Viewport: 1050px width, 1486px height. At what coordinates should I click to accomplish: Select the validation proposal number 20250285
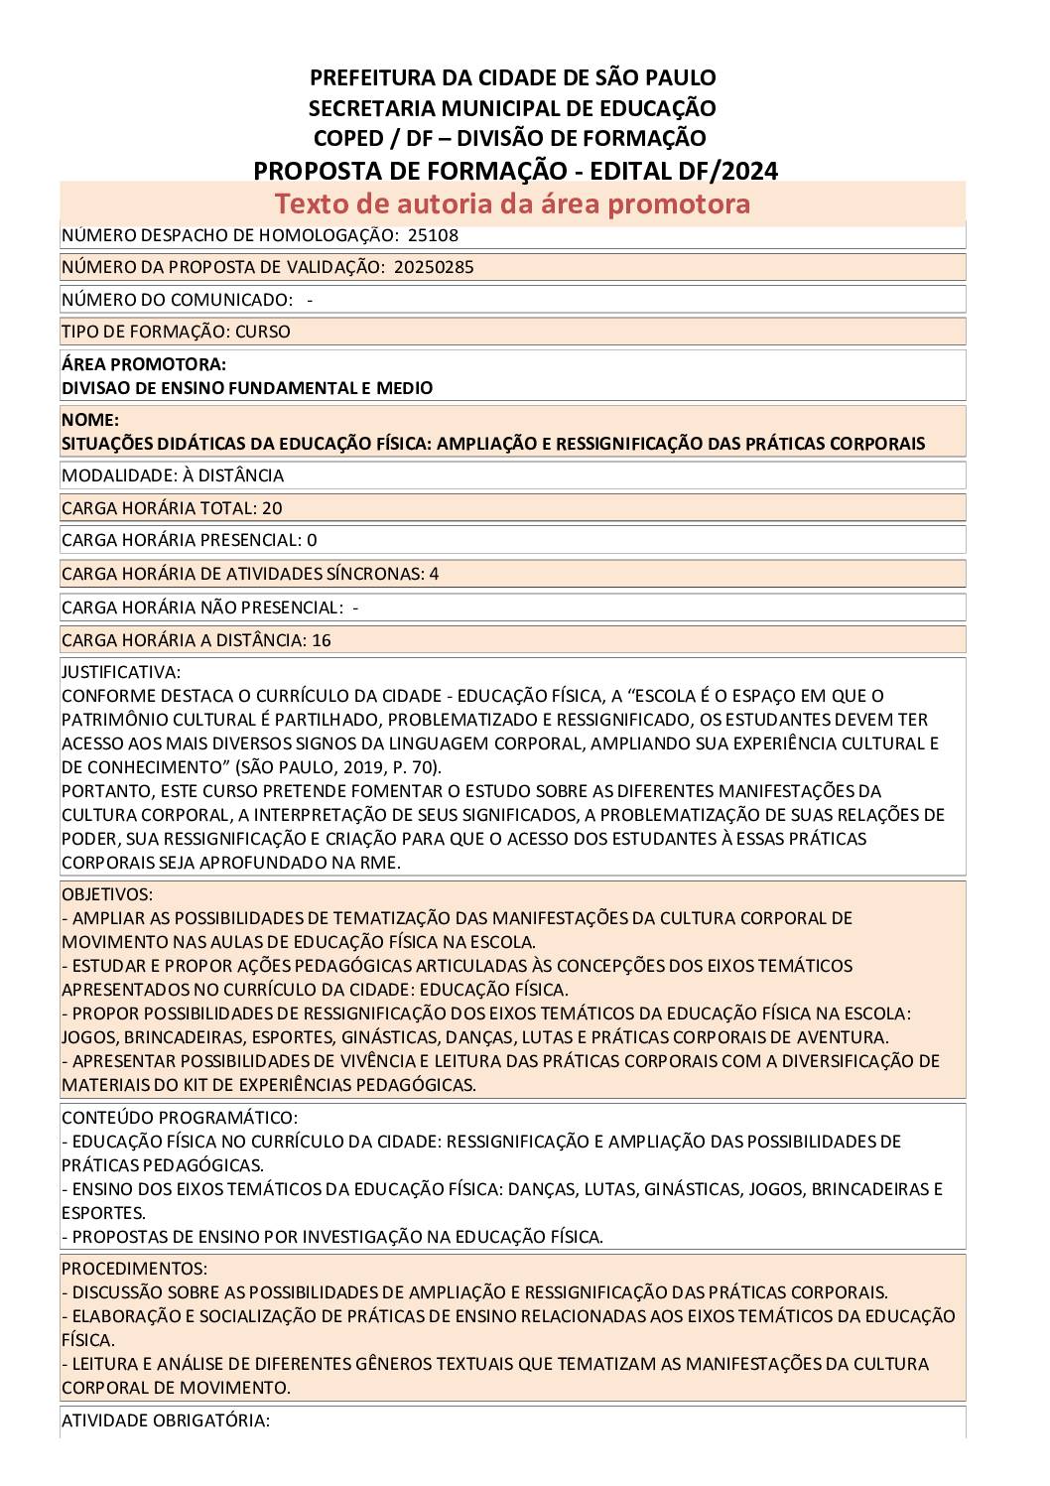[x=434, y=267]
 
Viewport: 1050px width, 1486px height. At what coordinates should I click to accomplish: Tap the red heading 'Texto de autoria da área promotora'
[x=512, y=203]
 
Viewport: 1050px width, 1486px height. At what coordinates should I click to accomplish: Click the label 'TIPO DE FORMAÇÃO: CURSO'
[x=176, y=332]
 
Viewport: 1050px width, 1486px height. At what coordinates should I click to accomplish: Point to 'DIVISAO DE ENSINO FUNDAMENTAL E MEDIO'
[x=247, y=388]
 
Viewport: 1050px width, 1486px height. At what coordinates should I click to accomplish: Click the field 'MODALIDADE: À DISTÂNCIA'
[x=173, y=475]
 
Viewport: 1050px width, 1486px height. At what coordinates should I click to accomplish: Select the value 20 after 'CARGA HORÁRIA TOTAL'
[x=272, y=508]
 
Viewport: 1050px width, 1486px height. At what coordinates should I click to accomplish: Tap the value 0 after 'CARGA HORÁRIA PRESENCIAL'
[x=312, y=541]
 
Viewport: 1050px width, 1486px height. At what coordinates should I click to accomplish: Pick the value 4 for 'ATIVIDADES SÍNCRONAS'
[x=434, y=574]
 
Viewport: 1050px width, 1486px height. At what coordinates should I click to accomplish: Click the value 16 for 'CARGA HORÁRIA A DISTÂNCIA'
[x=321, y=640]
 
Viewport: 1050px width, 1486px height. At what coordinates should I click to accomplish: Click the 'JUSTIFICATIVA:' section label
[x=121, y=672]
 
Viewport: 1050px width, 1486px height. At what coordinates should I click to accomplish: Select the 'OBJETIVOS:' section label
[x=107, y=894]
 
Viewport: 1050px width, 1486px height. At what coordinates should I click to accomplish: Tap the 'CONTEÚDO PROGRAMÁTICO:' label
[x=180, y=1118]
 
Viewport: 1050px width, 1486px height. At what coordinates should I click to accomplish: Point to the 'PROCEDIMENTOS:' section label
[x=135, y=1269]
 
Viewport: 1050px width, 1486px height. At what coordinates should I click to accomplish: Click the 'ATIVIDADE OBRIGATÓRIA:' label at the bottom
[x=166, y=1420]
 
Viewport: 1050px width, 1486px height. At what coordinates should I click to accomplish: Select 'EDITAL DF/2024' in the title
[x=684, y=171]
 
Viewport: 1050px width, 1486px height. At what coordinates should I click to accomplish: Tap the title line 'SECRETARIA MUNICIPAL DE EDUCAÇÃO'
[x=512, y=107]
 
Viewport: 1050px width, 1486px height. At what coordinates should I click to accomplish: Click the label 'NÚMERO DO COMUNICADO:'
[x=177, y=300]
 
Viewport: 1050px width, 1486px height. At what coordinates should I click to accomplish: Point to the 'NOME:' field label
[x=90, y=420]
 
